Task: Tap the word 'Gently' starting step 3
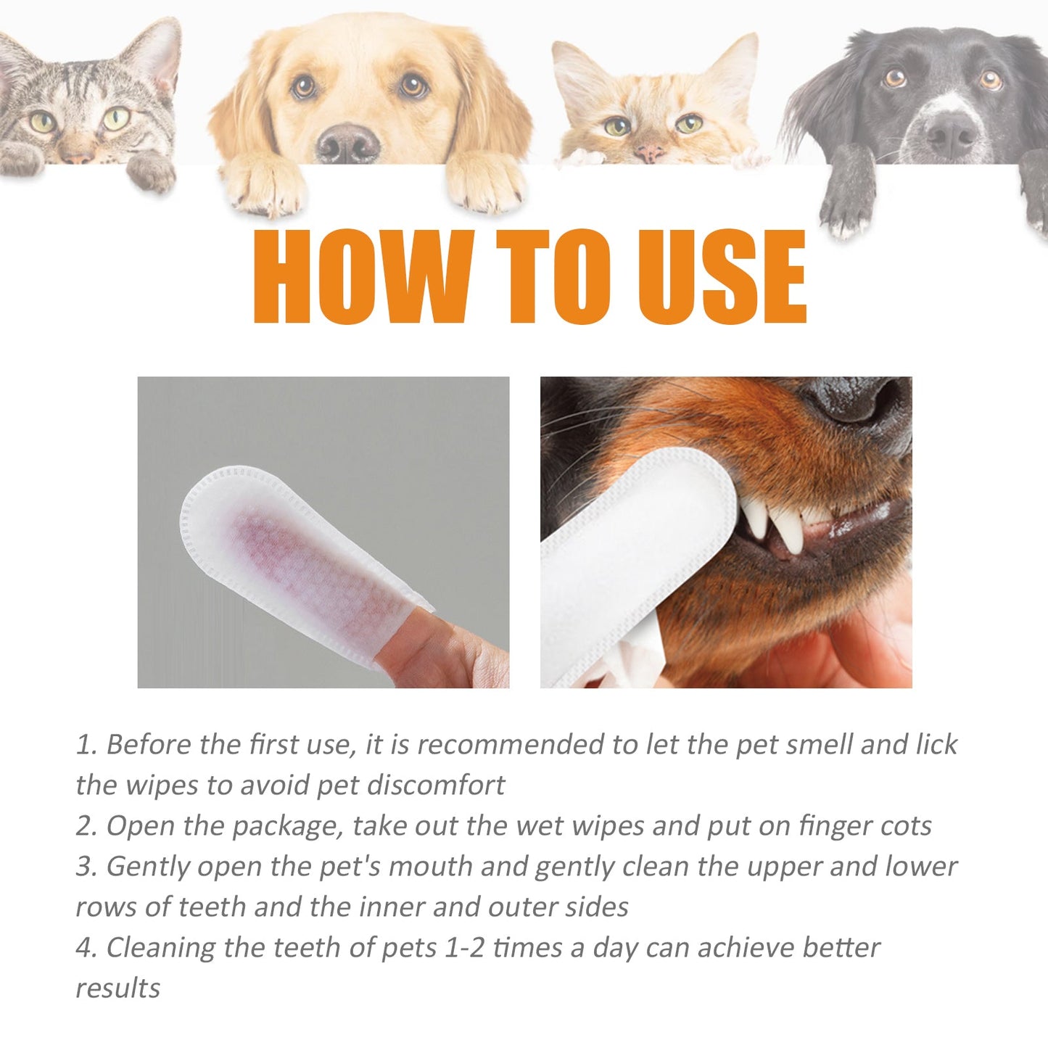pyautogui.click(x=149, y=867)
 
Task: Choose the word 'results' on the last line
pyautogui.click(x=117, y=989)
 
